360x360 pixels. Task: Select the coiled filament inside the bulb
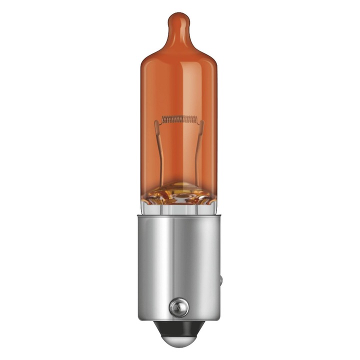(180, 120)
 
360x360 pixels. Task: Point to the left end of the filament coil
(163, 120)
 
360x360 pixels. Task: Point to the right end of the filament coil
(197, 120)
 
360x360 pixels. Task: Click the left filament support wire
(164, 150)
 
